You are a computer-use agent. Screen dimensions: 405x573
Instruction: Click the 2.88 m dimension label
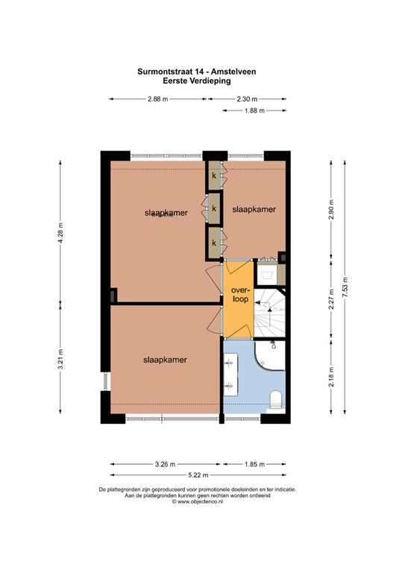pos(158,98)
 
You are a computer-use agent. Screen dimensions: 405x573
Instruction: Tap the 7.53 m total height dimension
pos(345,287)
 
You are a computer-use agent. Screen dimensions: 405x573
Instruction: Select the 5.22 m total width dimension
pos(198,475)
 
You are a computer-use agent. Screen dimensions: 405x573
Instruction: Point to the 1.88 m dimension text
pos(254,110)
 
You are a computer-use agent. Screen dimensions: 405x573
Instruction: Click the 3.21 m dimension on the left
pos(60,359)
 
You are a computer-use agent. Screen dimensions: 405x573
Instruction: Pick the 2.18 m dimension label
pos(331,376)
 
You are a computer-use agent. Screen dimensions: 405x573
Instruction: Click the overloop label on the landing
pos(239,295)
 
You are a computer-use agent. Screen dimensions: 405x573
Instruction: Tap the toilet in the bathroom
pos(275,399)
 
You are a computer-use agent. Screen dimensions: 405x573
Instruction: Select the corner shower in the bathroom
pos(270,355)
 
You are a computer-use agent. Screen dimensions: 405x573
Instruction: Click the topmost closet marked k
pos(214,176)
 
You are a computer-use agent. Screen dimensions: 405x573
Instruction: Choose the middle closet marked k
pos(214,209)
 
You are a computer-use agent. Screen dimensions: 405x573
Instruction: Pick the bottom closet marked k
pos(214,242)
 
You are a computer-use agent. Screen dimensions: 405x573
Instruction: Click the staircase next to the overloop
pos(269,313)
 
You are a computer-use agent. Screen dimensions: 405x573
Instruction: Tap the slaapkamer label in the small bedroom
pos(254,210)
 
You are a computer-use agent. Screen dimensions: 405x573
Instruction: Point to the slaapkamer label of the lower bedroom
pos(165,360)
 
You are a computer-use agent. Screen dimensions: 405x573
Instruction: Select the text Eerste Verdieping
pos(197,81)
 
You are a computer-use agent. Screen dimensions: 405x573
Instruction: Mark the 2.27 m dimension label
pos(331,299)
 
